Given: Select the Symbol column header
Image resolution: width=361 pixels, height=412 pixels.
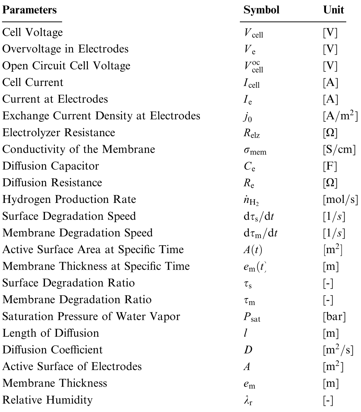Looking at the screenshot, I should point(261,10).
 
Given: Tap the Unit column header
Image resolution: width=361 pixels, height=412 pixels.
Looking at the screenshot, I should point(333,10).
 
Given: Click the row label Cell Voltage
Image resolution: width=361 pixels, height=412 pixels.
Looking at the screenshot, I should point(33,32).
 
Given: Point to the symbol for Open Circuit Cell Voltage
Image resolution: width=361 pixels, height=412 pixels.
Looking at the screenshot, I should point(253,66).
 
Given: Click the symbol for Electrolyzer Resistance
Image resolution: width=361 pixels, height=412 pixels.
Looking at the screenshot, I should point(252,133).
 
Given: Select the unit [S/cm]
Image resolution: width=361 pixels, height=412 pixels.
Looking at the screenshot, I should point(336,150).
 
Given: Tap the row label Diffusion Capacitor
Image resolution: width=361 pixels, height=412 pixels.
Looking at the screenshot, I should point(50,166).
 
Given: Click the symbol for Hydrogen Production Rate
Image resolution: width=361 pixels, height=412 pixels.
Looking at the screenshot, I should point(252,200).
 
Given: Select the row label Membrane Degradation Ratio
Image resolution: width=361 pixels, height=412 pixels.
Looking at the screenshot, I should point(77,300).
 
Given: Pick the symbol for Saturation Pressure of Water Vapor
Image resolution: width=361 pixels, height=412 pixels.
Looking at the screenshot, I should point(252,317).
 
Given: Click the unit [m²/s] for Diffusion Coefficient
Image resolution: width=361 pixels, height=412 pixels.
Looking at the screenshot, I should point(337,349).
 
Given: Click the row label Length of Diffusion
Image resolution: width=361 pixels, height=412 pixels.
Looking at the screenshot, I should point(50,333).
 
